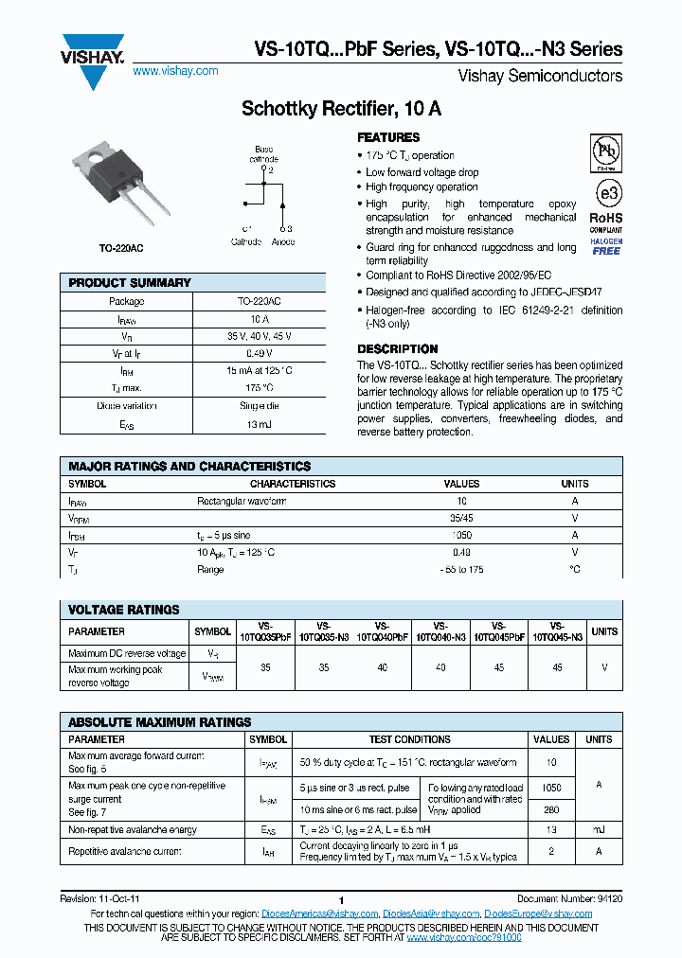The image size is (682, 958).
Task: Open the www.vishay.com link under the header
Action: click(x=175, y=71)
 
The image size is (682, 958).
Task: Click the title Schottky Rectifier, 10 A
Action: click(x=341, y=109)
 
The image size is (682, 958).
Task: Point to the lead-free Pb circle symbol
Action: click(x=606, y=151)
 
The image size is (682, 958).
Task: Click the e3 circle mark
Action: click(x=606, y=193)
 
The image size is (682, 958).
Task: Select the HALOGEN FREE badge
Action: click(x=606, y=246)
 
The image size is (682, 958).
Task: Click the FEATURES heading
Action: click(x=388, y=137)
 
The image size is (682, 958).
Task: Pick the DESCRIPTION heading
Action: click(x=398, y=348)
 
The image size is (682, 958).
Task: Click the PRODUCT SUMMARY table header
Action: click(x=130, y=283)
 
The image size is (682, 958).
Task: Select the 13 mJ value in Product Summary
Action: click(x=259, y=426)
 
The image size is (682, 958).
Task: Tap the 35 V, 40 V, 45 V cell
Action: click(x=259, y=336)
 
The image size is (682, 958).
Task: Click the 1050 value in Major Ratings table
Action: click(x=462, y=535)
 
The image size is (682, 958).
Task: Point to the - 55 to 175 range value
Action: click(x=462, y=569)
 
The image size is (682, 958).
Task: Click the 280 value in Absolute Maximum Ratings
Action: click(x=552, y=809)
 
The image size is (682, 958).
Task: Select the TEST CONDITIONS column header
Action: click(x=409, y=739)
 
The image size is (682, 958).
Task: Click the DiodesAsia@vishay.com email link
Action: click(x=431, y=914)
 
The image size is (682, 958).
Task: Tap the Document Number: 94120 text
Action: click(x=569, y=897)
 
